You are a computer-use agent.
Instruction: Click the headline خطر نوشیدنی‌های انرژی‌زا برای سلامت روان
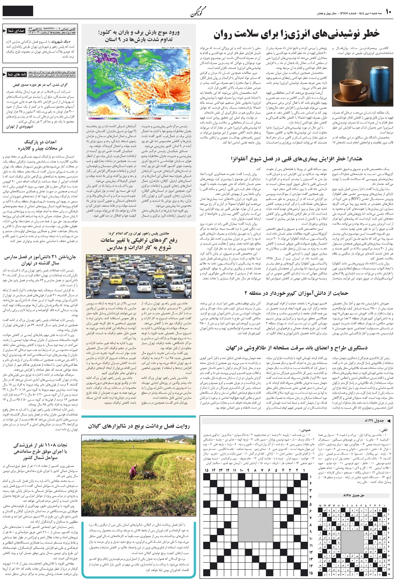[x=297, y=34]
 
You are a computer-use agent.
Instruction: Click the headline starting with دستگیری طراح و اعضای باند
[x=297, y=347]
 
